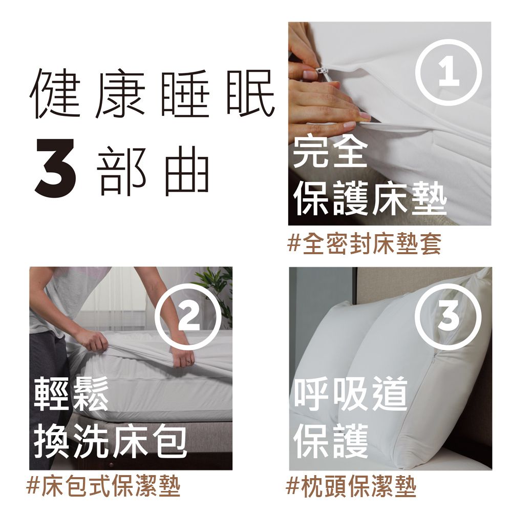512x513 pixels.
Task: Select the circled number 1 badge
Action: point(449,73)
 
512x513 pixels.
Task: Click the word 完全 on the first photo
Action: point(330,154)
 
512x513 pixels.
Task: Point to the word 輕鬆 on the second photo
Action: point(71,394)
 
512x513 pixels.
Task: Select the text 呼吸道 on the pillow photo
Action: point(351,394)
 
